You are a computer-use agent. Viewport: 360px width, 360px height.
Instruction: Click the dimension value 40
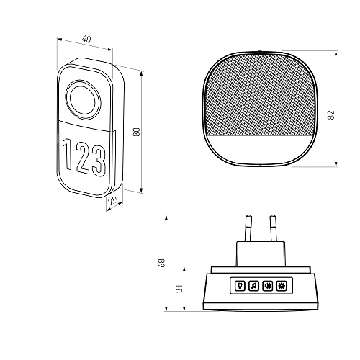pos(86,39)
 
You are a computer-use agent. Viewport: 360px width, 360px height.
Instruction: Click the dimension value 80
pos(137,132)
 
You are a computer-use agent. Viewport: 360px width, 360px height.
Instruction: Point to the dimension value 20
pos(113,200)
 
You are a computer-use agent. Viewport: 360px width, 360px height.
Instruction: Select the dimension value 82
pos(331,115)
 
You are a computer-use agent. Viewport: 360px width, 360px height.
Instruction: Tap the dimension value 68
pos(162,263)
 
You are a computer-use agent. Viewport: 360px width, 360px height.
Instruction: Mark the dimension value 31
pos(179,289)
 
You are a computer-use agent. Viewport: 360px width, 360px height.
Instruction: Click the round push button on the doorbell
pos(83,100)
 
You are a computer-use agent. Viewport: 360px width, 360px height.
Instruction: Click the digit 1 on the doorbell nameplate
pos(68,154)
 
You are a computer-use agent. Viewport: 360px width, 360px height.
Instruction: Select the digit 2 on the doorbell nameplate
pos(83,158)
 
